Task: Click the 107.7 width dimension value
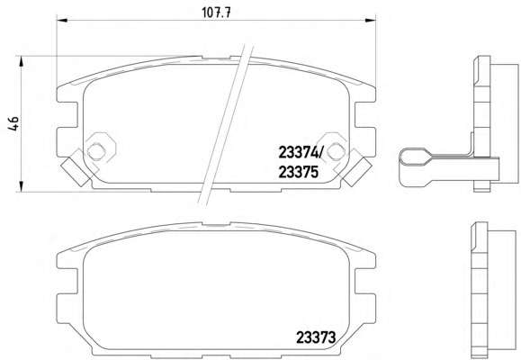[x=216, y=13]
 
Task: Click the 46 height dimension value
[x=13, y=123]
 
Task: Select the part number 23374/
[x=301, y=153]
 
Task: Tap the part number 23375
[x=299, y=172]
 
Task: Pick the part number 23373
[x=316, y=338]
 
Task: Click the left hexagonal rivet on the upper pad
[x=96, y=151]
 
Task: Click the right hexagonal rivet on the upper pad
[x=336, y=151]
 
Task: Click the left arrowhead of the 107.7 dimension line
[x=62, y=21]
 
